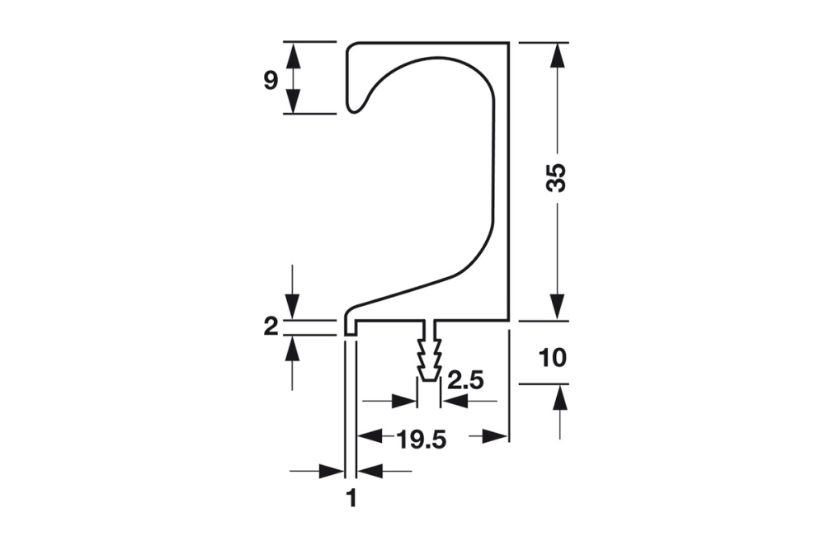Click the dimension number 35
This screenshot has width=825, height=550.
click(558, 178)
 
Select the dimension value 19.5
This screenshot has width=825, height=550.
click(420, 440)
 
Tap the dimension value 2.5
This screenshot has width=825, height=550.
click(466, 383)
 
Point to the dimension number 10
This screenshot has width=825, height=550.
click(552, 359)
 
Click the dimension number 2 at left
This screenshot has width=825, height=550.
click(271, 327)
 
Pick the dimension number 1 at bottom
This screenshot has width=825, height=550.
click(351, 498)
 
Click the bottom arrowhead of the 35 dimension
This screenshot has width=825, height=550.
click(559, 307)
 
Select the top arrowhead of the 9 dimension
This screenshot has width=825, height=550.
click(292, 54)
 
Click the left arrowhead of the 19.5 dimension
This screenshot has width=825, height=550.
click(369, 435)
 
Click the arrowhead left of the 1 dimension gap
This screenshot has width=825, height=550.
click(332, 471)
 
